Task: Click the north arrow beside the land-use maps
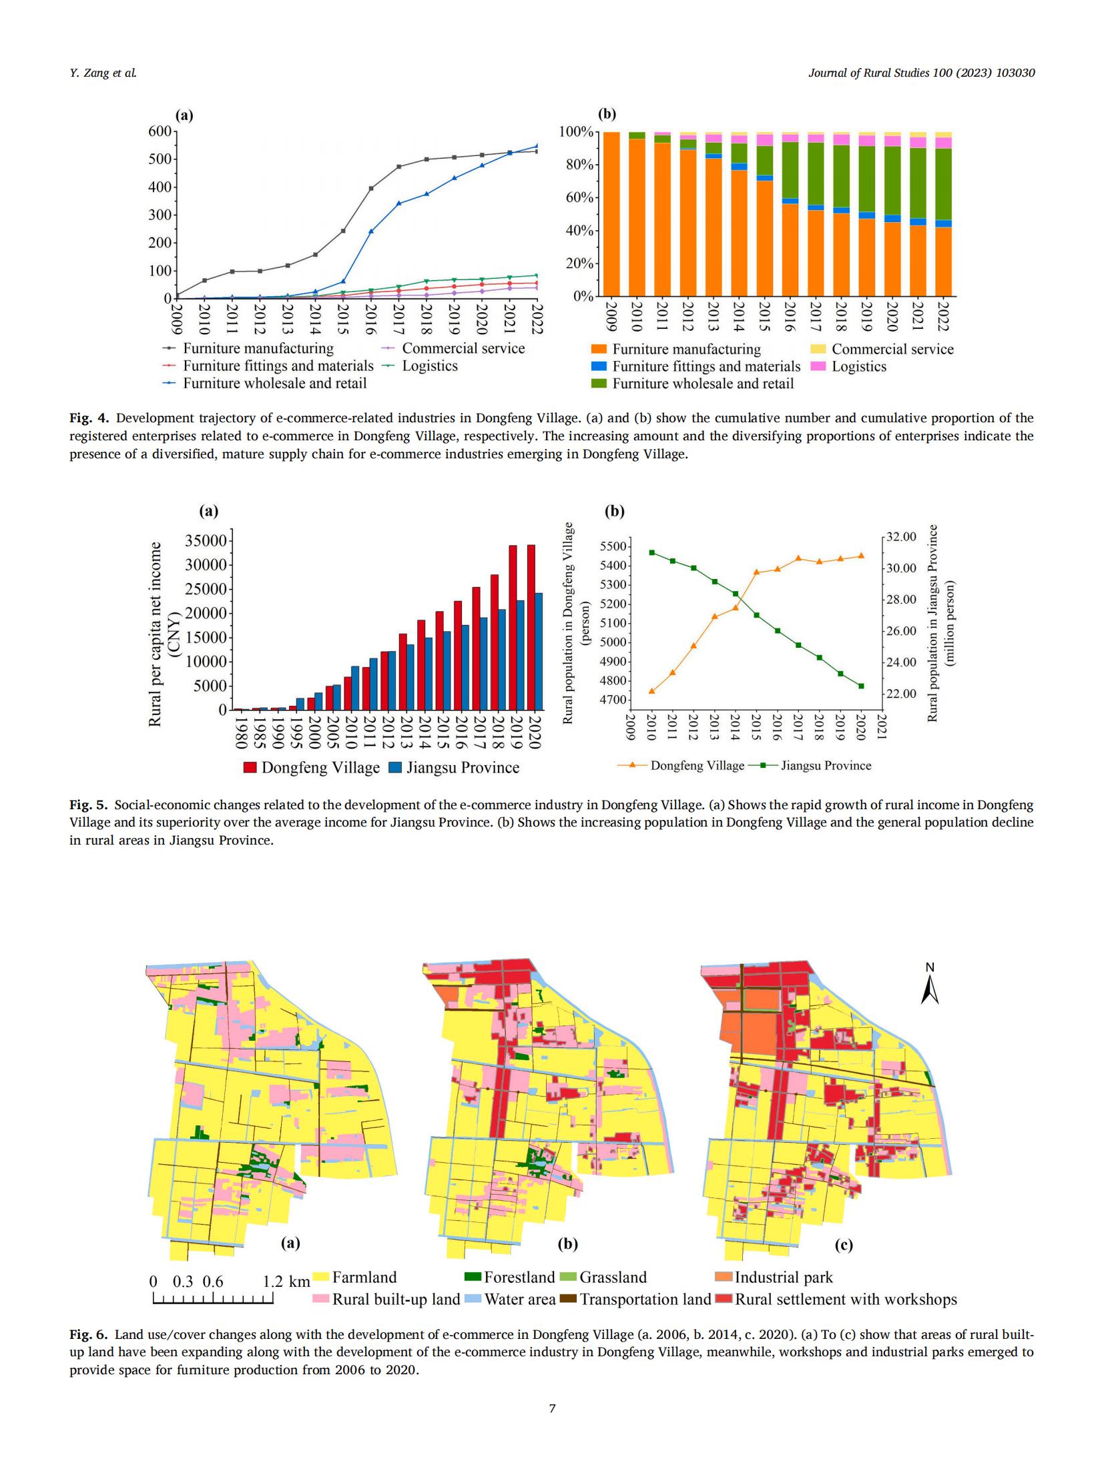click(929, 988)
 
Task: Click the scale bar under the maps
click(213, 1298)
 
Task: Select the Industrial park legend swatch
click(724, 1277)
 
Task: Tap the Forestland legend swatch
click(473, 1277)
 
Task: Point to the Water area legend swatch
click(473, 1299)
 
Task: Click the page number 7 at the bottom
click(552, 1408)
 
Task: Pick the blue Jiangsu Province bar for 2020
click(539, 651)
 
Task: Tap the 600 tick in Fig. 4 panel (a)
click(159, 131)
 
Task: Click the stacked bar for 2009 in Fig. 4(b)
click(611, 214)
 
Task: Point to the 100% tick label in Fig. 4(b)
click(575, 132)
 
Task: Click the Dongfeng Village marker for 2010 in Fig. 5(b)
click(651, 691)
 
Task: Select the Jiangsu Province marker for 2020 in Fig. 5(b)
click(861, 686)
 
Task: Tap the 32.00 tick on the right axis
click(902, 537)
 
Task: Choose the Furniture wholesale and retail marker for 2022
click(537, 146)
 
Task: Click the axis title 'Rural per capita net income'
click(155, 634)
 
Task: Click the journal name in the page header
click(921, 73)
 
